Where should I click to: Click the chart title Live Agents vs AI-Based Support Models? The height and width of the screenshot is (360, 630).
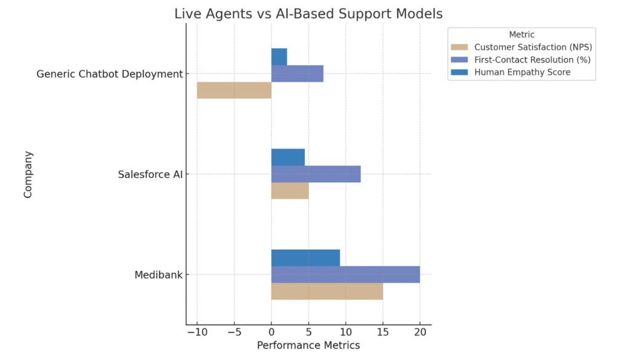coord(308,13)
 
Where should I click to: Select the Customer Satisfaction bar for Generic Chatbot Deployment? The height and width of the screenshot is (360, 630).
coord(234,90)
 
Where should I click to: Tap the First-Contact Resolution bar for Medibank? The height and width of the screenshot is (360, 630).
coord(345,274)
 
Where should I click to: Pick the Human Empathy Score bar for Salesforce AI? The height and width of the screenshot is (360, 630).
coord(288,157)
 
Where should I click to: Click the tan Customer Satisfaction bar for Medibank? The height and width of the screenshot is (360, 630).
coord(327,291)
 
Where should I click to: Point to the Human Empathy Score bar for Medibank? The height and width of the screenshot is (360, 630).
coord(305,257)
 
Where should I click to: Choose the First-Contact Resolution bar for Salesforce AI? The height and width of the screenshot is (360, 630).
coord(316,174)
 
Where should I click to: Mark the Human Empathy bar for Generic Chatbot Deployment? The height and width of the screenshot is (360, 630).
coord(279,57)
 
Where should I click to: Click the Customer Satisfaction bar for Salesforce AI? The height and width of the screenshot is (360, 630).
coord(290,191)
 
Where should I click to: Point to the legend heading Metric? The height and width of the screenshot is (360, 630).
coord(522,34)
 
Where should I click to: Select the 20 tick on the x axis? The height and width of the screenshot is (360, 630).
coord(420,333)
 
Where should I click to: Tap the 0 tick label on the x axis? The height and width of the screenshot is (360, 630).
coord(271,333)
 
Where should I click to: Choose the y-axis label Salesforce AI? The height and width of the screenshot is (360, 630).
coord(150,175)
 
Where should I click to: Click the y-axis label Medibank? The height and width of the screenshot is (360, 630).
coord(158,275)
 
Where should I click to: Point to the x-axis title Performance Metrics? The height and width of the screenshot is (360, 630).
coord(308,346)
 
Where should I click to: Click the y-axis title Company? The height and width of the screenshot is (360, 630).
coord(28,174)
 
